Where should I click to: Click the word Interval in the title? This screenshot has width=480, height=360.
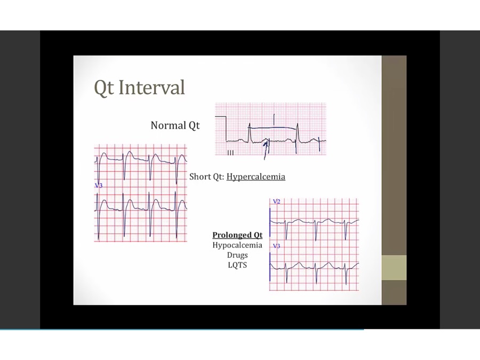click(151, 87)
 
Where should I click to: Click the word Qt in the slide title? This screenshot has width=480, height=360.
click(104, 88)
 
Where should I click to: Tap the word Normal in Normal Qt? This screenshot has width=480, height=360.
click(168, 125)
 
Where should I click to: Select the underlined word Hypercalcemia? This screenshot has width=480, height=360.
click(256, 177)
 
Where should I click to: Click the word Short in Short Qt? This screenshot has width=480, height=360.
click(200, 177)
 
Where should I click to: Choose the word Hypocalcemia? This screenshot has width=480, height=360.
click(237, 245)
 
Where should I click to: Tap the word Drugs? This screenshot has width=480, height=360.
click(237, 255)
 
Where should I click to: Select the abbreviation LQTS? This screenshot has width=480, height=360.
click(237, 265)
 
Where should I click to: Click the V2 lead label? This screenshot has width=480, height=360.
click(276, 202)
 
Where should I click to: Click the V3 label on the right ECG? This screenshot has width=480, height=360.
click(276, 246)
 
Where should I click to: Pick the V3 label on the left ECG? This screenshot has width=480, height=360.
click(99, 185)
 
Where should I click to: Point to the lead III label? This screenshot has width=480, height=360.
click(230, 153)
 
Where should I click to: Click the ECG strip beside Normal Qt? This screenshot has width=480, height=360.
click(270, 129)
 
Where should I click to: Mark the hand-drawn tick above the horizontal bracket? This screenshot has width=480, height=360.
click(274, 119)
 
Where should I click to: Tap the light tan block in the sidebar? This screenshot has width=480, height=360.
click(394, 268)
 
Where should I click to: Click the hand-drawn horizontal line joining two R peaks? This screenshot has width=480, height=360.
click(273, 127)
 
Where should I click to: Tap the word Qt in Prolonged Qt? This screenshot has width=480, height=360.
click(258, 235)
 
